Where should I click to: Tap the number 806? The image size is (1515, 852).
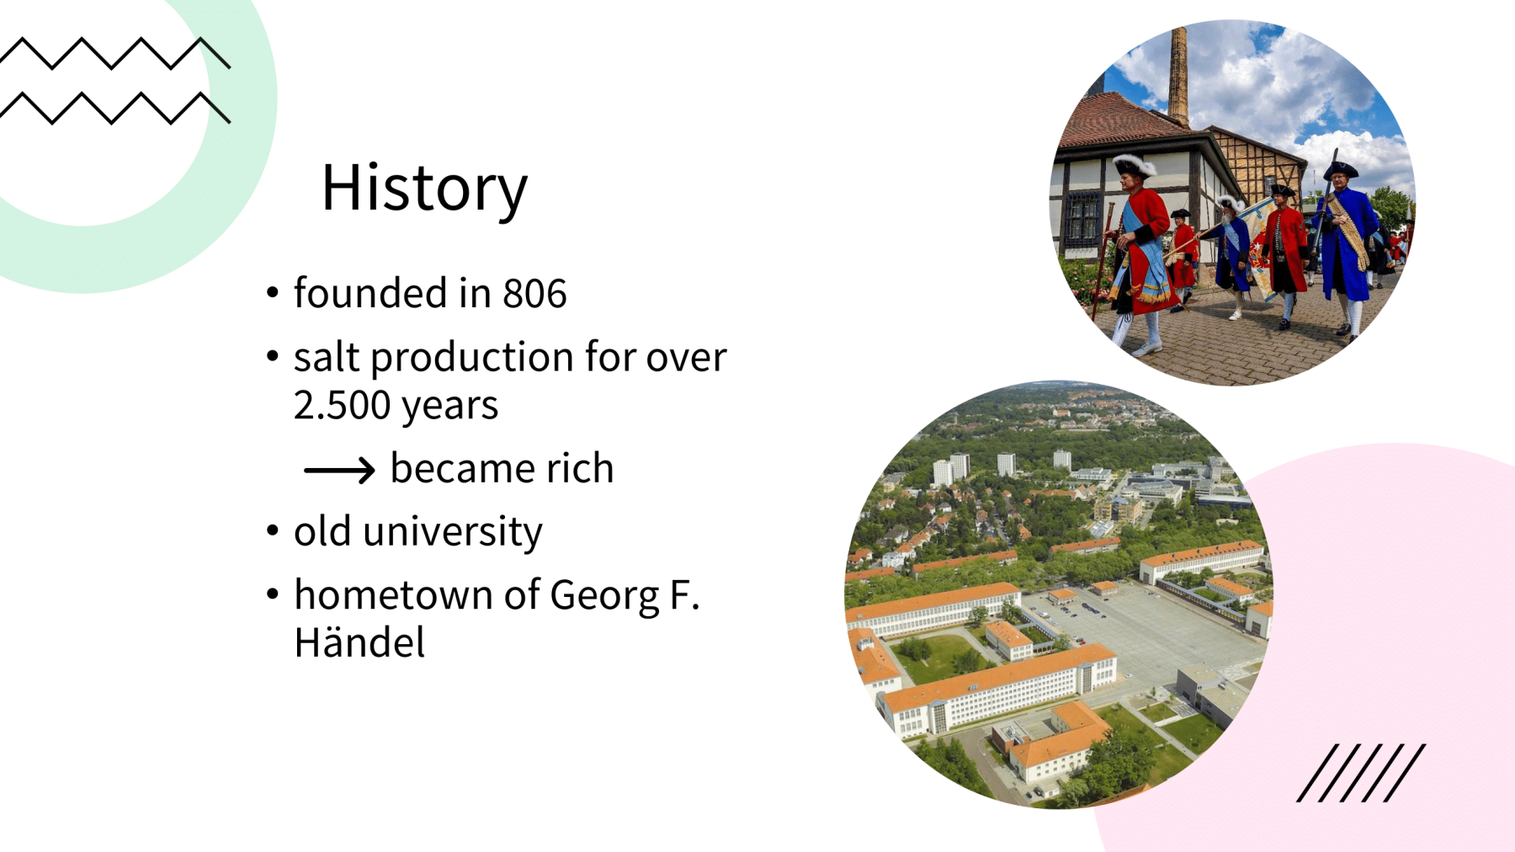click(534, 294)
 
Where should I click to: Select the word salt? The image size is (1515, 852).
click(327, 357)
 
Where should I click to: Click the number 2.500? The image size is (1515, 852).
click(342, 406)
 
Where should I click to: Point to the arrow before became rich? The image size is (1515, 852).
click(339, 470)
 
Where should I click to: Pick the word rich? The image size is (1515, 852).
click(580, 468)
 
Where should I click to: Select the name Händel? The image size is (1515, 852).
click(359, 642)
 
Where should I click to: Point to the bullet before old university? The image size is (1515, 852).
click(272, 530)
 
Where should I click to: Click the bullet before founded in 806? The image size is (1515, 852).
click(272, 293)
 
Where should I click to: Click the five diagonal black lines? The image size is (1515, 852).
click(1361, 773)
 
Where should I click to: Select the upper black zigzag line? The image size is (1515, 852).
click(114, 53)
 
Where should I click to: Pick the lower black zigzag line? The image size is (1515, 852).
click(114, 109)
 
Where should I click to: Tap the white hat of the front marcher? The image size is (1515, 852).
click(1134, 163)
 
